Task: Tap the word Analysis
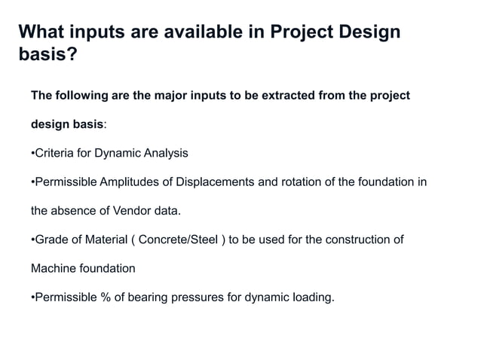(165, 153)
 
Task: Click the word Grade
(51, 239)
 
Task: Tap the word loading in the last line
(311, 297)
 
